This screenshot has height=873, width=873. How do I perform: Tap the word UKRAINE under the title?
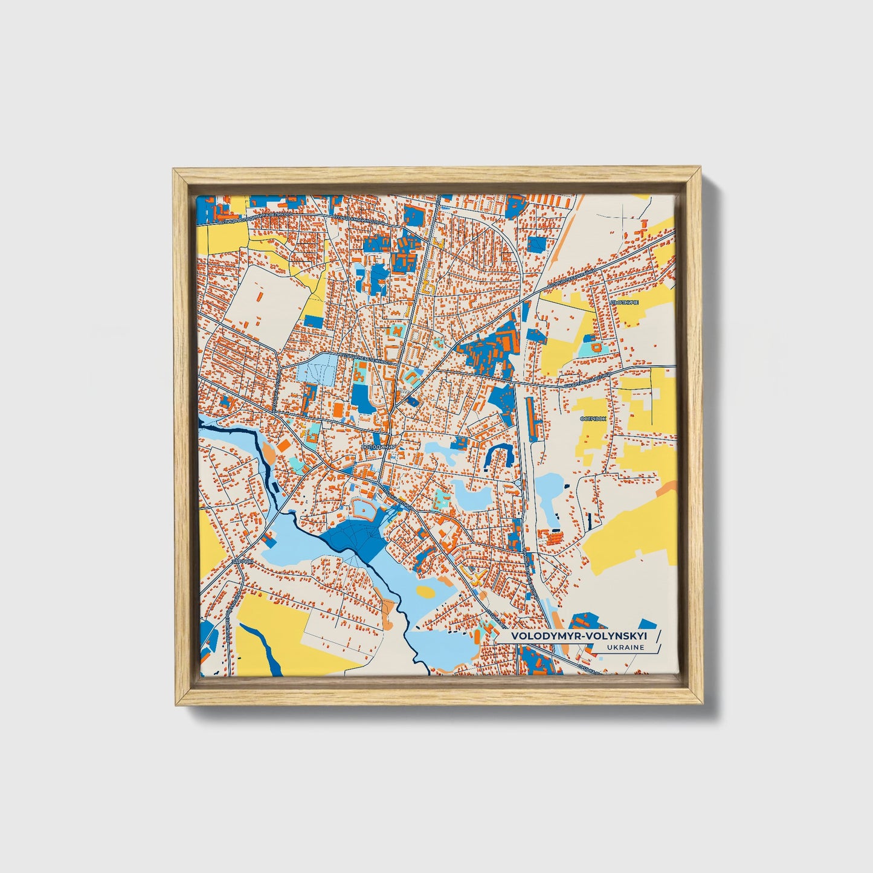pos(625,648)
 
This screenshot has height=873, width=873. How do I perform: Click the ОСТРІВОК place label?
pos(592,419)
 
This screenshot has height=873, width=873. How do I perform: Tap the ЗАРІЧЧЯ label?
pos(239,561)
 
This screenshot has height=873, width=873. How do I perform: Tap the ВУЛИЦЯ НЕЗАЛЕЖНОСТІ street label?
pos(369,359)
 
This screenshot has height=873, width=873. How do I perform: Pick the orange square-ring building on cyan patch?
pos(596,348)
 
